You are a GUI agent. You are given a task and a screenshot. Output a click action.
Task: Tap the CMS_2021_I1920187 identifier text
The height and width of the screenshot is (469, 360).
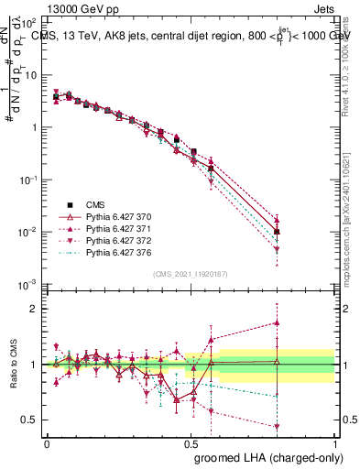click(x=190, y=274)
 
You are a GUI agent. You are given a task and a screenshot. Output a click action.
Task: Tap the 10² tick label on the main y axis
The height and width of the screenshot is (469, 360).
click(x=30, y=21)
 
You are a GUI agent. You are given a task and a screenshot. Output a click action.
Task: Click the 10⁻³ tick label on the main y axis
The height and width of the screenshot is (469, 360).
click(x=30, y=285)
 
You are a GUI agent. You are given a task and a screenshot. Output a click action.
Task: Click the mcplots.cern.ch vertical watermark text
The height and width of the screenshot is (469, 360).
click(x=348, y=234)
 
